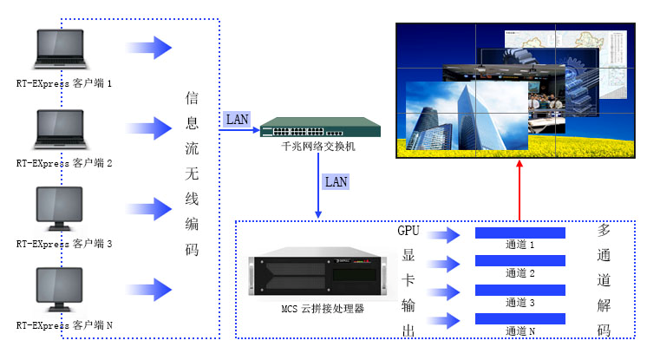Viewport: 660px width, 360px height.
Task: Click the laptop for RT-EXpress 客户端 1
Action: pos(60,51)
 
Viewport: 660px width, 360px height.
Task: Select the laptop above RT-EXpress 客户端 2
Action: pos(60,129)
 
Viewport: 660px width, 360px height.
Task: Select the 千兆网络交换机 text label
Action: pos(306,147)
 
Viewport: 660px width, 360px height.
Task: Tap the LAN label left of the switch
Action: pos(237,118)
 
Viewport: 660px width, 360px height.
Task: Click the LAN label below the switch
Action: pos(336,182)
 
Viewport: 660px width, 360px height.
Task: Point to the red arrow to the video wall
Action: pos(519,191)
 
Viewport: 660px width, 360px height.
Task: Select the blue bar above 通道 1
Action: pos(520,232)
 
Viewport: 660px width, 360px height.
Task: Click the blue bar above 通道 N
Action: pos(520,318)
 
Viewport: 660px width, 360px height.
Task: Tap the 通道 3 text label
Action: pos(520,302)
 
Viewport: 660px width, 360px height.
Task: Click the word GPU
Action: pos(408,231)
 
